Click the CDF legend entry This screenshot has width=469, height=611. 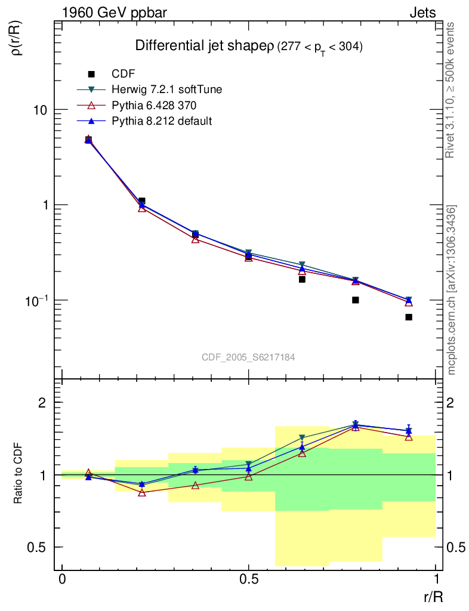point(124,74)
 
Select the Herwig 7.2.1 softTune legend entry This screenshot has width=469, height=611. point(166,90)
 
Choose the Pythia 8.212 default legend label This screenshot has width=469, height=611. point(162,121)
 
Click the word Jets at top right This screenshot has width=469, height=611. point(422,13)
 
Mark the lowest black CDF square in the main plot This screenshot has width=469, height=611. point(409,317)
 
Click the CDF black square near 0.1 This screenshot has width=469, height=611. point(356,300)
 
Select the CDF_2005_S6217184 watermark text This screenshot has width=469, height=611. point(248,357)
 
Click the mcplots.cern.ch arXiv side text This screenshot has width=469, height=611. point(452,290)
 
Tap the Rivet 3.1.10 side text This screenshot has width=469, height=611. point(452,90)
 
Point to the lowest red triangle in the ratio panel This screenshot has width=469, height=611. point(142,493)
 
